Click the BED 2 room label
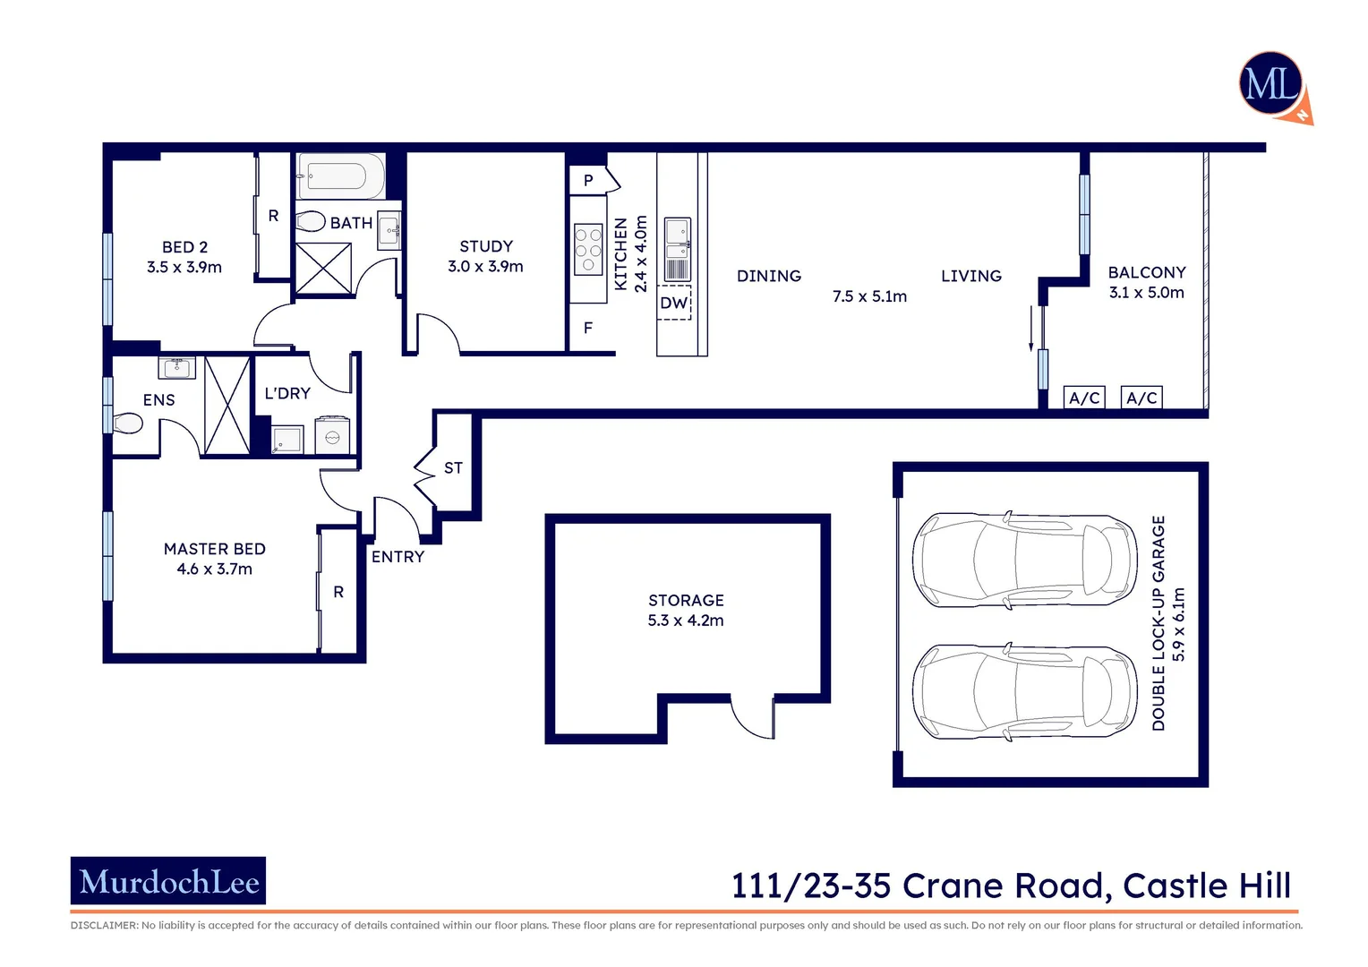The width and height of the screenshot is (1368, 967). pyautogui.click(x=184, y=247)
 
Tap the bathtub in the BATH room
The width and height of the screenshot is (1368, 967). pyautogui.click(x=341, y=176)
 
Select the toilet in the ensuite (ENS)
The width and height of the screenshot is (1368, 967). pyautogui.click(x=127, y=423)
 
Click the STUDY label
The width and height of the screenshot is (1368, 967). pyautogui.click(x=486, y=246)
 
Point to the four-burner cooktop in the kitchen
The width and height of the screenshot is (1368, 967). pyautogui.click(x=588, y=248)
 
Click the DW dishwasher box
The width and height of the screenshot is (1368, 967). pyautogui.click(x=674, y=304)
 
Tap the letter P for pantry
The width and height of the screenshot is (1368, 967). pyautogui.click(x=588, y=181)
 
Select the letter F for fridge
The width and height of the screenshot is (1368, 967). pyautogui.click(x=588, y=329)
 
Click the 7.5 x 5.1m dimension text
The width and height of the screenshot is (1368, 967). pyautogui.click(x=869, y=296)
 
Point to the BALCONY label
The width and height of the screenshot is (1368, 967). pyautogui.click(x=1146, y=272)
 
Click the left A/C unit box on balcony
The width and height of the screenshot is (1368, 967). pyautogui.click(x=1084, y=398)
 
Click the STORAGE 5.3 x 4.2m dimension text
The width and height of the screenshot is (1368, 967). pyautogui.click(x=686, y=620)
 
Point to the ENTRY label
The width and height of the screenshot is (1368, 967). pyautogui.click(x=398, y=557)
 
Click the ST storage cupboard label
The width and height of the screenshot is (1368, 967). pyautogui.click(x=453, y=468)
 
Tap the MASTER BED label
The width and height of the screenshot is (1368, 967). pyautogui.click(x=215, y=549)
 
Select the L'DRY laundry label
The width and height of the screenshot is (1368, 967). pyautogui.click(x=287, y=393)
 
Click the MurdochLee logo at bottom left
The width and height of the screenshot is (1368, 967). pyautogui.click(x=168, y=882)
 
